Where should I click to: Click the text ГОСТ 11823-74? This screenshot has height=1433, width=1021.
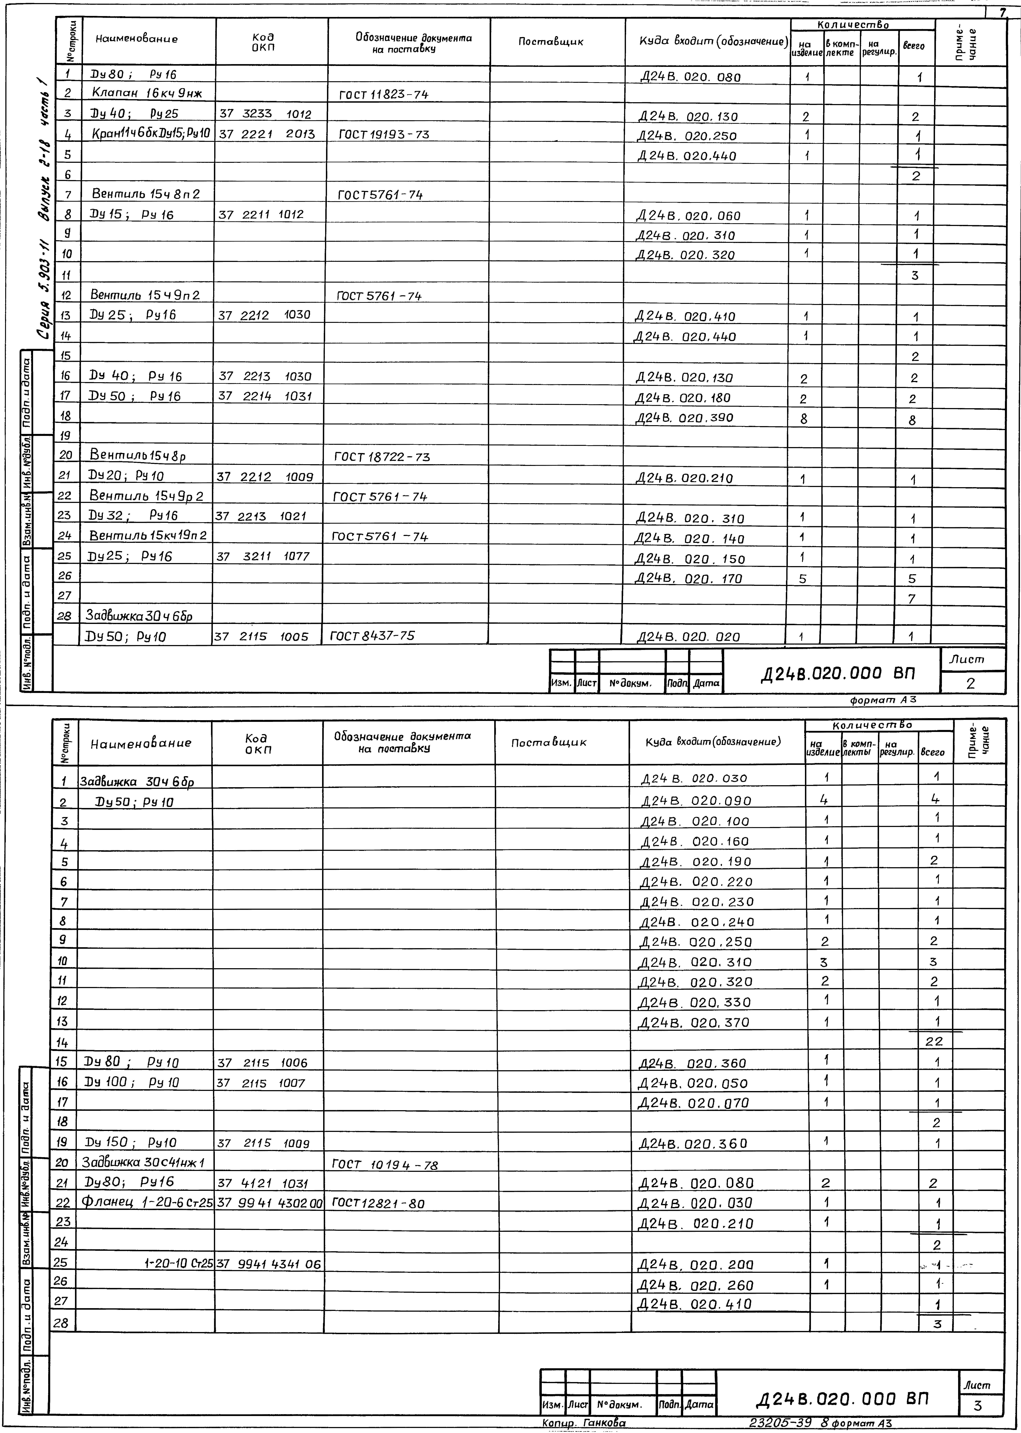click(x=383, y=95)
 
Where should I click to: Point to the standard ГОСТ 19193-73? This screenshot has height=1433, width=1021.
click(x=383, y=134)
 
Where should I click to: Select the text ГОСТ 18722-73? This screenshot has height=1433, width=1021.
click(x=382, y=457)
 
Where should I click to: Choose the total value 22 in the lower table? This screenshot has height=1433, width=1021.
click(x=934, y=1041)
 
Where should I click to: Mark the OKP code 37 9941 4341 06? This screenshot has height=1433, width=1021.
click(x=269, y=1263)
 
